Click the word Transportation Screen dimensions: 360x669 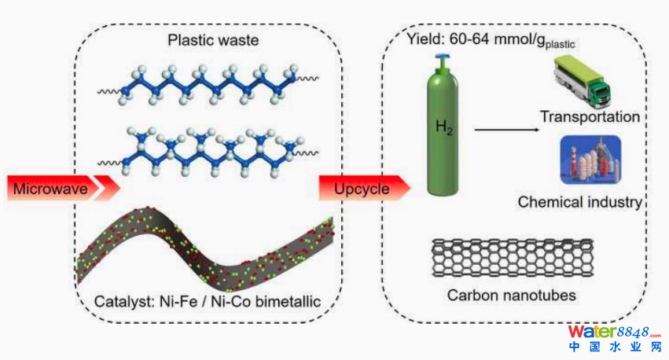point(590,117)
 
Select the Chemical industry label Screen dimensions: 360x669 point(579,202)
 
